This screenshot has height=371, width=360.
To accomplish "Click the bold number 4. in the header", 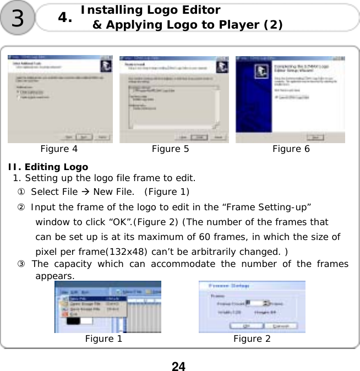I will (x=65, y=18).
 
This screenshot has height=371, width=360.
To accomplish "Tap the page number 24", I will (x=178, y=366).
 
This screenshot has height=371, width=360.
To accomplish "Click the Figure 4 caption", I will (x=59, y=149).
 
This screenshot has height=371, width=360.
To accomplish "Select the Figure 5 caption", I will (x=170, y=149).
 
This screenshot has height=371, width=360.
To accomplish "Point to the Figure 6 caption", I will (x=291, y=149).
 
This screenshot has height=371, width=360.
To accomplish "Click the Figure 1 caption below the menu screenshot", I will (x=103, y=339).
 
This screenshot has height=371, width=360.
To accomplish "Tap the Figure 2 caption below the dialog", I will (x=252, y=339).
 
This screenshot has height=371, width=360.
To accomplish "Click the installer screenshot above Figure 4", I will (x=60, y=99).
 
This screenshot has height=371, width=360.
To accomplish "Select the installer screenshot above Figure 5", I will (x=174, y=99).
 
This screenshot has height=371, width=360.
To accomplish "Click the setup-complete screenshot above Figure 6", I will (x=290, y=99).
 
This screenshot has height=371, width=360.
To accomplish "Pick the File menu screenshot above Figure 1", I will (x=108, y=307).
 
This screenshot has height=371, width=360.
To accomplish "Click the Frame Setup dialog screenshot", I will (x=252, y=307).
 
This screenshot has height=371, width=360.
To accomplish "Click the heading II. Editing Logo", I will (x=47, y=167).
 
